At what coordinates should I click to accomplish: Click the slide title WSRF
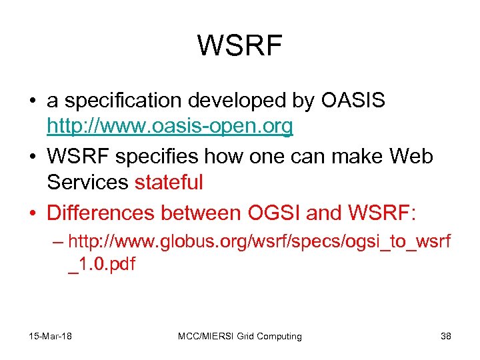click(240, 46)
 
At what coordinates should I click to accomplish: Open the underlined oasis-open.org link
click(170, 126)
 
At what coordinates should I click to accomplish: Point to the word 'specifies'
click(153, 157)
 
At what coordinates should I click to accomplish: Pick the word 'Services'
click(88, 182)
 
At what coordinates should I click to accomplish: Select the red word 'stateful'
click(169, 182)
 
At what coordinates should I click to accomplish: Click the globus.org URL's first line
click(259, 241)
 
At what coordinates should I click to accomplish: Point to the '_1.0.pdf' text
click(101, 264)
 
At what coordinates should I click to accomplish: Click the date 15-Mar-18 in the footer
click(51, 336)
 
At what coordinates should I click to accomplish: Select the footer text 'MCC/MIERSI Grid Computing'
click(240, 336)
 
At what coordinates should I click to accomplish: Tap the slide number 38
click(446, 336)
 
